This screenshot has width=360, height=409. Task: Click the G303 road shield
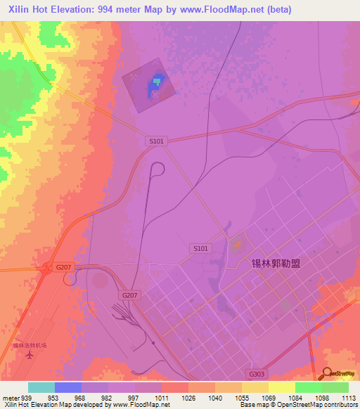pos(257,375)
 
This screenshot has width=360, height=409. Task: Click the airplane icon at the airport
pos(29,355)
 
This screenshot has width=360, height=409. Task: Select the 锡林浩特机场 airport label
pos(29,345)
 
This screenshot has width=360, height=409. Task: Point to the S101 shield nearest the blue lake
pos(157,141)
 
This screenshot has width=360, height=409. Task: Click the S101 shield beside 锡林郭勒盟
pos(200,248)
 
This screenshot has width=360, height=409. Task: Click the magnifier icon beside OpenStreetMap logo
pos(326,374)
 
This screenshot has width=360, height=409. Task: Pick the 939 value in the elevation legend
pos(27,397)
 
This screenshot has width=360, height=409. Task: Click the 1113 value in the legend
pos(349,397)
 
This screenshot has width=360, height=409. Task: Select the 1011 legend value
pos(162,397)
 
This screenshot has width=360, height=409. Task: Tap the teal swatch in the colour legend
pos(41,387)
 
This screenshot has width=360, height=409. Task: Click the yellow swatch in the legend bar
pos(282,387)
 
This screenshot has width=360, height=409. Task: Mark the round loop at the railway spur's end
pos(157,169)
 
